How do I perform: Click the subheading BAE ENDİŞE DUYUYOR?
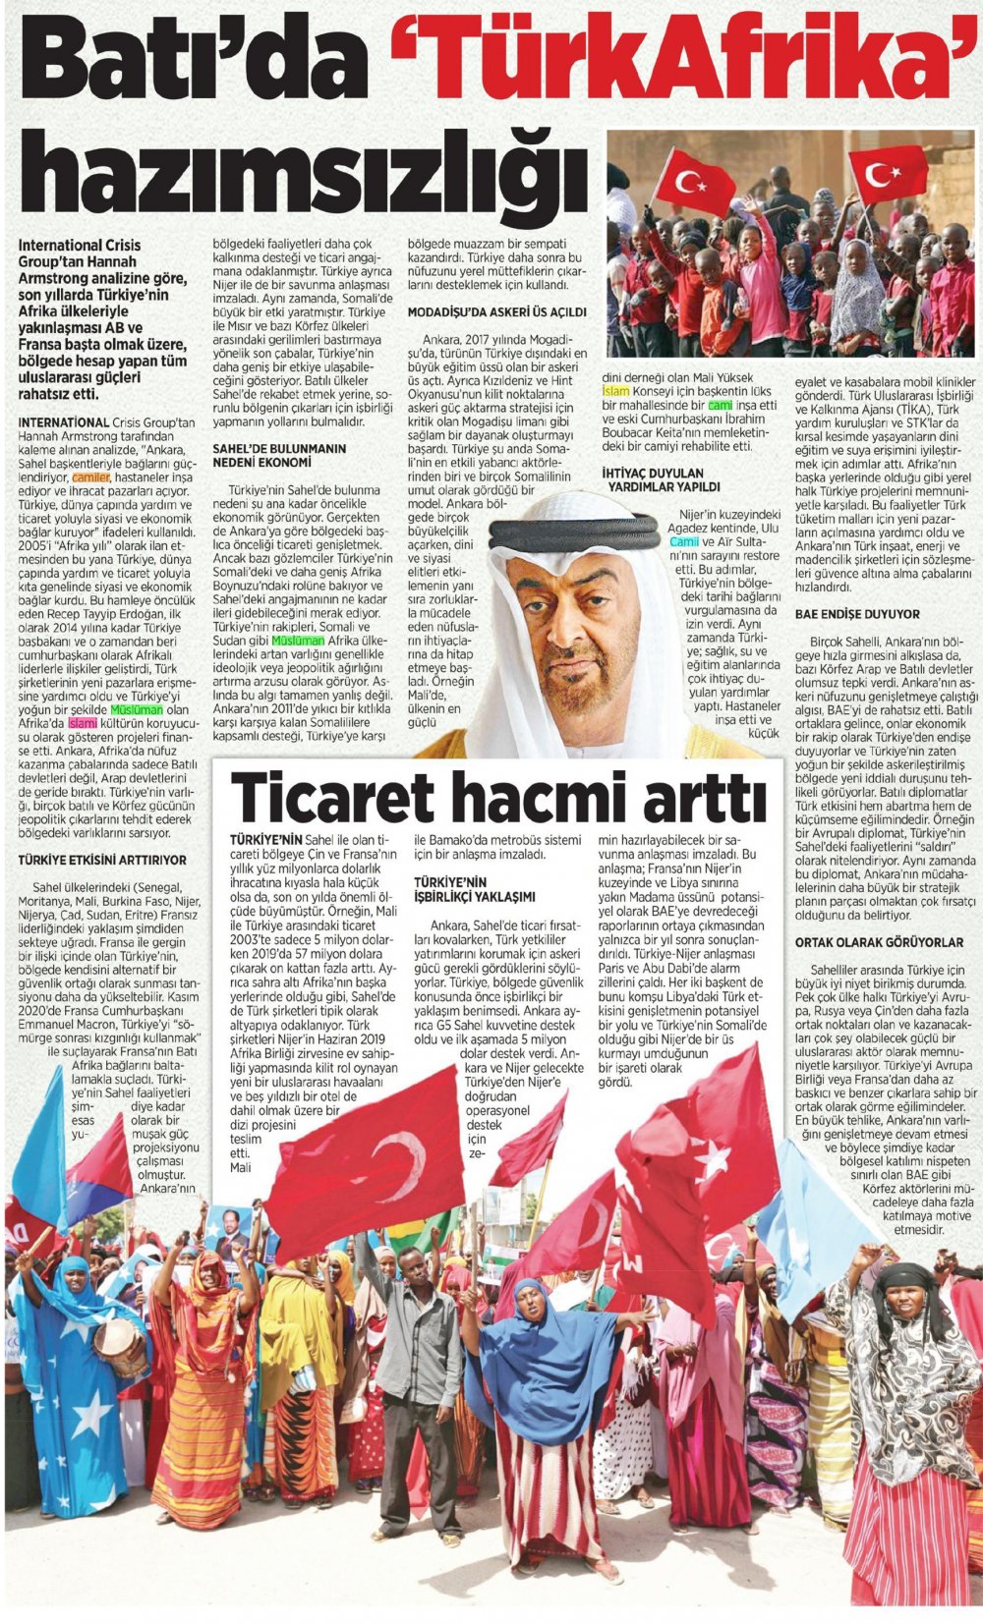pos(857,614)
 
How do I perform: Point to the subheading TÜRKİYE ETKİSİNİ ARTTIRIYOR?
pos(102,859)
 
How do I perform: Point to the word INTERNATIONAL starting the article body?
pos(63,421)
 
